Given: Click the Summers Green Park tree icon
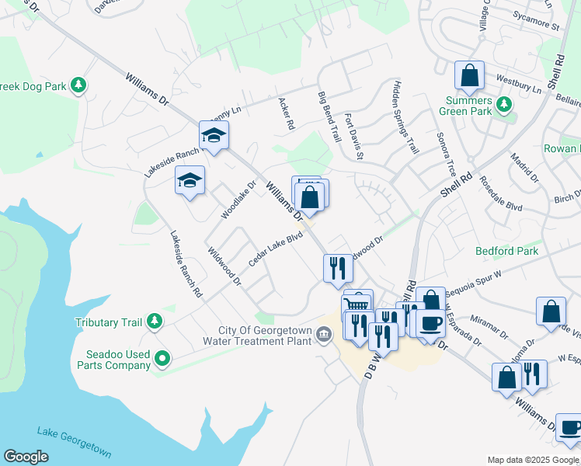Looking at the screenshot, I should [x=504, y=104].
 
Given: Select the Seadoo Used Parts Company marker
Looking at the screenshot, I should [x=162, y=358].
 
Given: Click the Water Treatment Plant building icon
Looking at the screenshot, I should [x=325, y=334].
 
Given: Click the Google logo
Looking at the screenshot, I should [x=26, y=457].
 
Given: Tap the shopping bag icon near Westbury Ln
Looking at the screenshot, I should [x=469, y=76].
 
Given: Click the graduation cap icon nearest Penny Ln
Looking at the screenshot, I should [x=214, y=135].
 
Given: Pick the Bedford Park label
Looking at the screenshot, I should [x=506, y=251].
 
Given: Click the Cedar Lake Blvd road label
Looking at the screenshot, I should [x=275, y=249].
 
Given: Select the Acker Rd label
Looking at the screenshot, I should [x=285, y=113].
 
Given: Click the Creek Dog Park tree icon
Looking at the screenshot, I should [x=78, y=85].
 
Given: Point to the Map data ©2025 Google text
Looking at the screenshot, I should [x=532, y=460].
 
